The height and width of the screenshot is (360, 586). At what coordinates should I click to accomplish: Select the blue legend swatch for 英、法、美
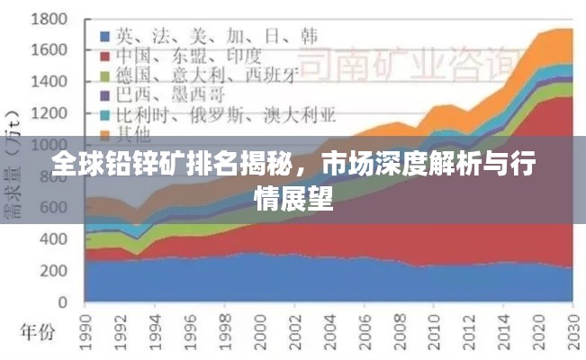[x=104, y=37]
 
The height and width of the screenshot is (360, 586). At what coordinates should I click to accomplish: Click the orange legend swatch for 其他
[x=104, y=135]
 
